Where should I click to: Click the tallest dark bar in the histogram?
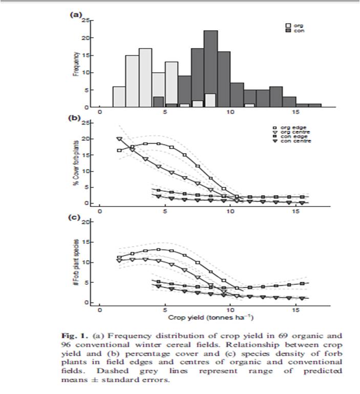210,69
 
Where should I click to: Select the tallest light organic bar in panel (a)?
145,77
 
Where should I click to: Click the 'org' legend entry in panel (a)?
294,26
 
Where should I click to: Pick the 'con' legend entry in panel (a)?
295,31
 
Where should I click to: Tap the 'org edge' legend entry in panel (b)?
290,128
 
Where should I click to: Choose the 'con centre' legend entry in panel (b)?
292,141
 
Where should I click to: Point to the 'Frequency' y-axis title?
76,64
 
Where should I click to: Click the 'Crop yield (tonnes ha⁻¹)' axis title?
210,317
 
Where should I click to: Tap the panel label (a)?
75,14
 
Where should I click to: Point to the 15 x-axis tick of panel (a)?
296,112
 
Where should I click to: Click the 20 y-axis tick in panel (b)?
86,139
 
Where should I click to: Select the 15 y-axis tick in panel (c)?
86,242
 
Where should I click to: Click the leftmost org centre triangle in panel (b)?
119,139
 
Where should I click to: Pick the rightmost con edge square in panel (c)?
302,283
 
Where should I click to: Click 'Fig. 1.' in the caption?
75,336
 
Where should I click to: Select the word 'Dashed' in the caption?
113,371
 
